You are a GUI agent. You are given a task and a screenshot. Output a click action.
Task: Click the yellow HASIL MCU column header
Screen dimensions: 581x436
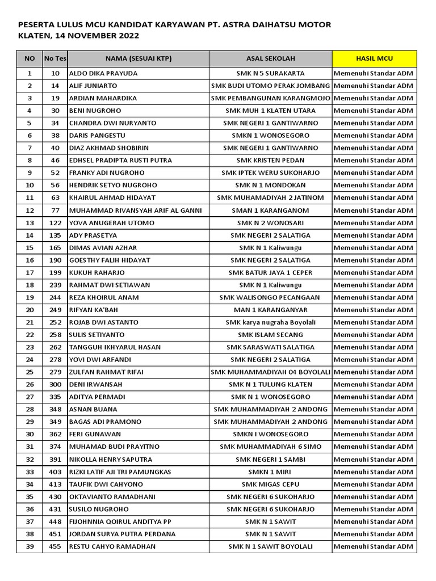pyautogui.click(x=374, y=58)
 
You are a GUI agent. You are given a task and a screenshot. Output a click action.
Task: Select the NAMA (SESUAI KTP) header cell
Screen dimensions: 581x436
pyautogui.click(x=138, y=58)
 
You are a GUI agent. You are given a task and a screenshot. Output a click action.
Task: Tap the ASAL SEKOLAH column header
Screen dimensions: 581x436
pyautogui.click(x=270, y=58)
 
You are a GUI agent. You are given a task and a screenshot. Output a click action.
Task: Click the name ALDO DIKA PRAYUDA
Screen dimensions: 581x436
pyautogui.click(x=103, y=73)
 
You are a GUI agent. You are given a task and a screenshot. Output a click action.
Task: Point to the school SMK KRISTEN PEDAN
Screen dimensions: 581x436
pyautogui.click(x=270, y=160)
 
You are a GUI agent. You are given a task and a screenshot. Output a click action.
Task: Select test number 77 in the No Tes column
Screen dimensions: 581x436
pyautogui.click(x=55, y=210)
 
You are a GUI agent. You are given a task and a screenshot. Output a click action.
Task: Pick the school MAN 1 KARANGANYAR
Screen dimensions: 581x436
pyautogui.click(x=270, y=310)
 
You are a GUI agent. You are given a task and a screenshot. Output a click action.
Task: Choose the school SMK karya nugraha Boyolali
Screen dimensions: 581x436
pyautogui.click(x=270, y=322)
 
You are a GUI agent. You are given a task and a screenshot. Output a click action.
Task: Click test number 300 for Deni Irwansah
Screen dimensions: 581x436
pyautogui.click(x=55, y=384)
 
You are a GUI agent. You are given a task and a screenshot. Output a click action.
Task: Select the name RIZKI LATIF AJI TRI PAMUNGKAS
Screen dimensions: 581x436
pyautogui.click(x=120, y=471)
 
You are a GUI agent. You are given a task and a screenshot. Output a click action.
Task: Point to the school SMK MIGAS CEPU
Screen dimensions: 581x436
pyautogui.click(x=270, y=484)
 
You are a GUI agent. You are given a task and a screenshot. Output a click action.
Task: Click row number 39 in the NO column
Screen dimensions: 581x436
pyautogui.click(x=30, y=546)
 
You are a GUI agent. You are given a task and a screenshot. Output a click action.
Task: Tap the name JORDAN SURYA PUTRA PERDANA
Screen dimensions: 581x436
pyautogui.click(x=122, y=534)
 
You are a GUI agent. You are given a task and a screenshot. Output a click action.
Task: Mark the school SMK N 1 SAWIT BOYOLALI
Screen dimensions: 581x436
pyautogui.click(x=270, y=546)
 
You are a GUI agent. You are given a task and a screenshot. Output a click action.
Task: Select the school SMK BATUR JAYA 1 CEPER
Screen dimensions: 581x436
pyautogui.click(x=270, y=272)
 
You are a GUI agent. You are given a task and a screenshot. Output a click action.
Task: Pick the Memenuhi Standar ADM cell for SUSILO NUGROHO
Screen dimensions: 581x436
pyautogui.click(x=374, y=509)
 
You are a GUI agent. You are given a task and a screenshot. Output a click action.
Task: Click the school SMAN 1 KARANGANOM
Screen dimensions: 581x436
pyautogui.click(x=270, y=210)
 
